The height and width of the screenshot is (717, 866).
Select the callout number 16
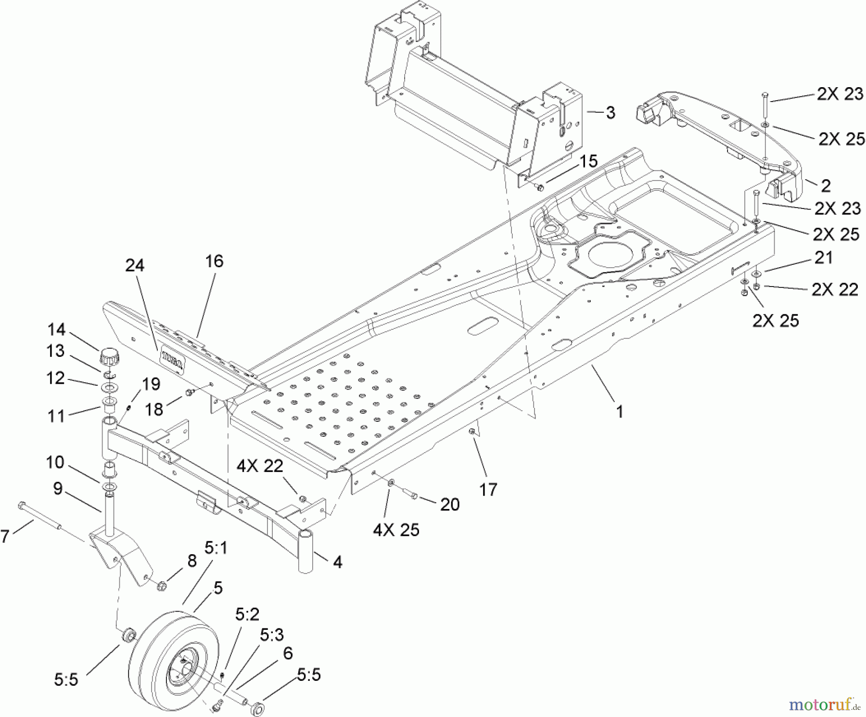[214, 261]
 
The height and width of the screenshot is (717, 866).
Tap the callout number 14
[56, 330]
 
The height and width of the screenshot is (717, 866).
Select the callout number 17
[488, 490]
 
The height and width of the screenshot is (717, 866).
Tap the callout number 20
[449, 505]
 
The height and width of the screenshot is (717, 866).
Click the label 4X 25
[396, 530]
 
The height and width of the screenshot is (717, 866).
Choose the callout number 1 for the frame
[620, 412]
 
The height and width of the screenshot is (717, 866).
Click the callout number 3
[610, 113]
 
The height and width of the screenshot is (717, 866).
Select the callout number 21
[823, 258]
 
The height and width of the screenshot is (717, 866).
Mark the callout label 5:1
[216, 548]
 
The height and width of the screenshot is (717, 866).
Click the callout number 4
[338, 562]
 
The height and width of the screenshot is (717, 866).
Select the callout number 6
[288, 653]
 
